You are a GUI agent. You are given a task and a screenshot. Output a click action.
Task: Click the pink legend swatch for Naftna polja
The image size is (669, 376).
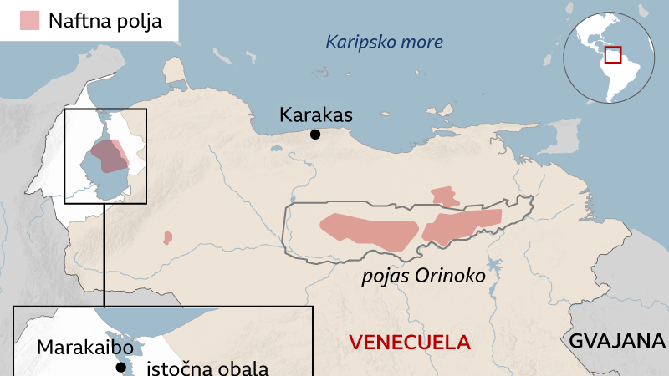click(x=31, y=21)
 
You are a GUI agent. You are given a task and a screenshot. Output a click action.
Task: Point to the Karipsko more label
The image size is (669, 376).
click(x=384, y=42)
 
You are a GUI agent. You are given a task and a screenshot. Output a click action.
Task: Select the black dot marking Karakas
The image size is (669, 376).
click(x=315, y=135)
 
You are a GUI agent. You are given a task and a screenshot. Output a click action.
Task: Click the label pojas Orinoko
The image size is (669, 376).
click(x=423, y=275)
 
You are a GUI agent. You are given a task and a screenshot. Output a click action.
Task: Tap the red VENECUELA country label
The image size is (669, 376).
click(x=410, y=341)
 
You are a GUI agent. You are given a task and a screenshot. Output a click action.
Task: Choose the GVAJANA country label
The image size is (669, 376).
click(x=616, y=341)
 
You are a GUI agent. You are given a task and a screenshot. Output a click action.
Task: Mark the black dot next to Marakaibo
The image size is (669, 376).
click(x=121, y=368)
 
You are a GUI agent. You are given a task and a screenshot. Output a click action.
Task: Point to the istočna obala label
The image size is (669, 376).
click(x=208, y=368)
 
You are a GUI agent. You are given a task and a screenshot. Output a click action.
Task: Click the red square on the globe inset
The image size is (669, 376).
click(x=614, y=55)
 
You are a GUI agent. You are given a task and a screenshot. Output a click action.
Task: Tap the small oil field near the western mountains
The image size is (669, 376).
click(x=167, y=238)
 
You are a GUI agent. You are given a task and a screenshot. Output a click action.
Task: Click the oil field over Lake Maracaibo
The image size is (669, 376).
click(x=109, y=155)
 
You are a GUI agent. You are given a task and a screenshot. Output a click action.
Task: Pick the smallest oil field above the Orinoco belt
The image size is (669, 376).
click(x=445, y=196)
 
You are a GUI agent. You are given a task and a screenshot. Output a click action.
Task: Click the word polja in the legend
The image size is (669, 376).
click(x=138, y=21)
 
